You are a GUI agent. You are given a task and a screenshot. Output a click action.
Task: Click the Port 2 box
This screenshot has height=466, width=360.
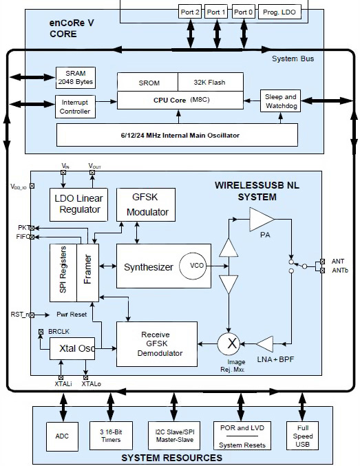tap(190, 12)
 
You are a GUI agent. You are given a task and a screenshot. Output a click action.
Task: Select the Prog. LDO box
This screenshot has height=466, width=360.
tap(279, 12)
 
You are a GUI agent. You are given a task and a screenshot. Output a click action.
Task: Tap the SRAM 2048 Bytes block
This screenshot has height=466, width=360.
tap(76, 78)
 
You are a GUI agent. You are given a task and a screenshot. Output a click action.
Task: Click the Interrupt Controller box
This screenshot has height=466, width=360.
tap(75, 107)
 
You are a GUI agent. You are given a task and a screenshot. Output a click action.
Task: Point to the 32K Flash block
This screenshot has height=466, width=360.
tap(210, 82)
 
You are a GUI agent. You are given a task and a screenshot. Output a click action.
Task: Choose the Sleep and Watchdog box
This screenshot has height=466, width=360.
tap(280, 101)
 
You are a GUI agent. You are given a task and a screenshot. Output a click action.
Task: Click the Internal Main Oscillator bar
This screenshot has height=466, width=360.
tap(177, 135)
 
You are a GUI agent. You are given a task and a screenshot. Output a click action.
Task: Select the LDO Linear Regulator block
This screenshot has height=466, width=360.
tap(78, 204)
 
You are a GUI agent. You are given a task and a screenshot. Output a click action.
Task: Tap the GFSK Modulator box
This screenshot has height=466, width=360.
tap(146, 204)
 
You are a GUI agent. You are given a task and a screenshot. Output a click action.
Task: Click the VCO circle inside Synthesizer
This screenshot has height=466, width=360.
tap(193, 266)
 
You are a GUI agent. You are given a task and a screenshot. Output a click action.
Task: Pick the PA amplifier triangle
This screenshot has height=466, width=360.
tap(262, 220)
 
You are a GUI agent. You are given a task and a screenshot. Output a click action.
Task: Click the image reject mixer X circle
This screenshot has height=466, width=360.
tap(229, 344)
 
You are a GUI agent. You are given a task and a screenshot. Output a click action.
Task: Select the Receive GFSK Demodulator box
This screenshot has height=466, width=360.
tap(157, 344)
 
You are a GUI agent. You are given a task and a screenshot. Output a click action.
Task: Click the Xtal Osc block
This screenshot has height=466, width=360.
tap(72, 348)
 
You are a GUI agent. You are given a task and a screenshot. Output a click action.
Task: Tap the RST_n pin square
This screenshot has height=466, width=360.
tap(32, 315)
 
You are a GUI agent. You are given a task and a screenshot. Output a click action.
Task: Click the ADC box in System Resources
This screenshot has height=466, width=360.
tap(62, 436)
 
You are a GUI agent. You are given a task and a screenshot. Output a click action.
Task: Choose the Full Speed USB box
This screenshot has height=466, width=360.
tap(302, 436)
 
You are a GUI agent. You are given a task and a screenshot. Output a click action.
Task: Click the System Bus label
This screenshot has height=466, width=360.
tap(293, 59)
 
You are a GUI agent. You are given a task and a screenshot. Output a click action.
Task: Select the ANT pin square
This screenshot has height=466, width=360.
tap(323, 262)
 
